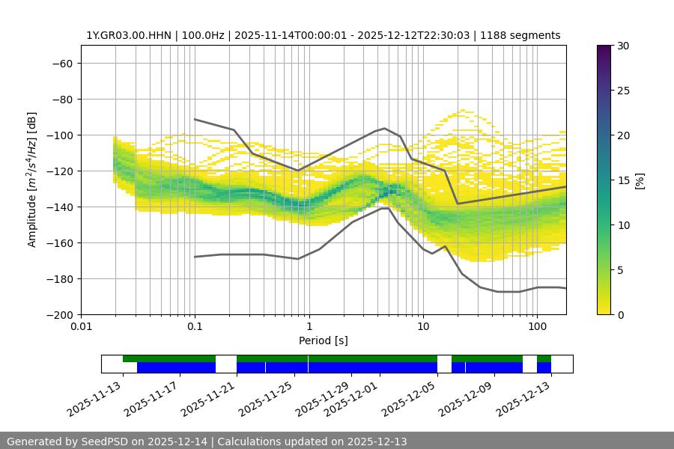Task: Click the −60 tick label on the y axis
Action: [x=61, y=63]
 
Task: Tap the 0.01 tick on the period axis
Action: [x=81, y=326]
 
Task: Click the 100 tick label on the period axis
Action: [x=536, y=326]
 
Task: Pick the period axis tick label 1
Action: [x=309, y=326]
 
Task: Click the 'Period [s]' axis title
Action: [x=324, y=340]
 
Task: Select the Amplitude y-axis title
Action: [x=32, y=180]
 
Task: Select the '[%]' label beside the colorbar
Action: [x=639, y=180]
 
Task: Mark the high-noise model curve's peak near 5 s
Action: [x=385, y=128]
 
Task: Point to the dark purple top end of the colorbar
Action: [x=604, y=49]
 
